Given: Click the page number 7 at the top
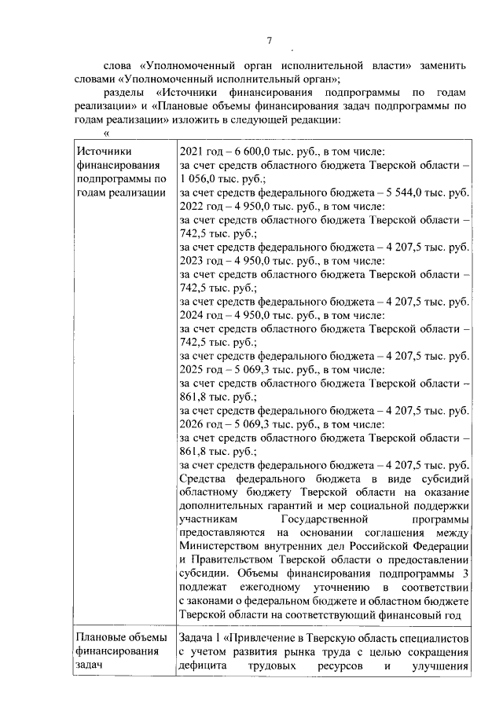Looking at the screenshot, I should pyautogui.click(x=269, y=41).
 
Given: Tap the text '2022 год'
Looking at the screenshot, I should pyautogui.click(x=201, y=206).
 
